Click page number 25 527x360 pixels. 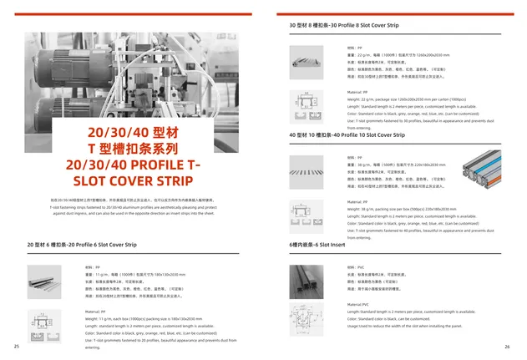pyautogui.click(x=16, y=347)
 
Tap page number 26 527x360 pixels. pyautogui.click(x=507, y=347)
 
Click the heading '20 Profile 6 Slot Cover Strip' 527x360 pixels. pyautogui.click(x=82, y=245)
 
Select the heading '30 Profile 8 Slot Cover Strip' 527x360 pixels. pyautogui.click(x=344, y=27)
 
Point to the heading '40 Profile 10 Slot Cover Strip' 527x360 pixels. pyautogui.click(x=347, y=134)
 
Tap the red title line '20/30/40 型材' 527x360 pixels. pyautogui.click(x=133, y=134)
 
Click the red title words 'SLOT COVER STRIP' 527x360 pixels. pyautogui.click(x=133, y=181)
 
